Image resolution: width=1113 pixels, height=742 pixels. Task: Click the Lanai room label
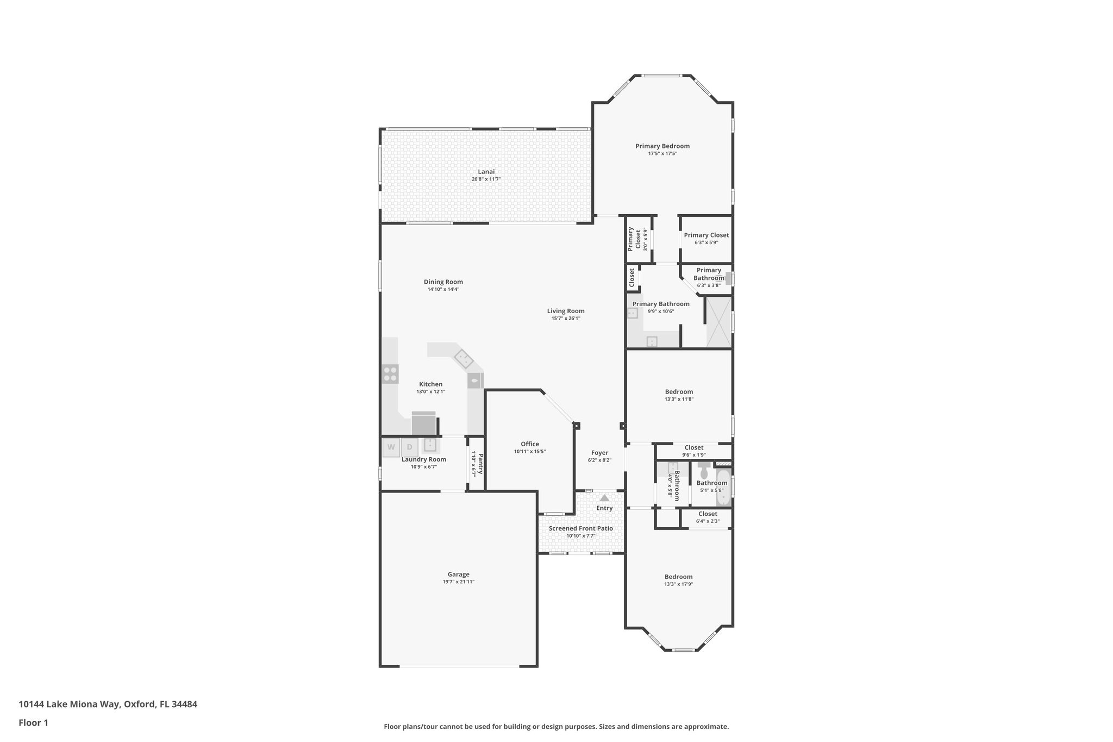click(486, 172)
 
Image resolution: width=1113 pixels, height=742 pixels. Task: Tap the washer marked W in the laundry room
click(391, 447)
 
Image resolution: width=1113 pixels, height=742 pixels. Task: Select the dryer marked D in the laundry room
click(410, 447)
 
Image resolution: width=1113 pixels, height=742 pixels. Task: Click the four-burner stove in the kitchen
click(390, 374)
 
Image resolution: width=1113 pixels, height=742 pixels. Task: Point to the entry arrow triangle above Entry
click(604, 497)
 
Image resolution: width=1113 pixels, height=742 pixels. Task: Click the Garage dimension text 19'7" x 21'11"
click(458, 582)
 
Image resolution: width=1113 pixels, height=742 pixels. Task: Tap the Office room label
click(530, 444)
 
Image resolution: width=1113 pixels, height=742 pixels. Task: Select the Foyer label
click(599, 453)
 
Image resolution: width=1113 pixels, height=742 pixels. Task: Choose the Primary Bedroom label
click(662, 146)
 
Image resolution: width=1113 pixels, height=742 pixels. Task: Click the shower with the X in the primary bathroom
click(718, 322)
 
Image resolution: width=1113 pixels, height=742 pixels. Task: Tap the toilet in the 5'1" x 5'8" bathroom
click(704, 470)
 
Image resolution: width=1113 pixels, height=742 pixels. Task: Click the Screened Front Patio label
click(580, 528)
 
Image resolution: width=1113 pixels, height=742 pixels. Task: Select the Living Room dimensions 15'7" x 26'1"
click(566, 319)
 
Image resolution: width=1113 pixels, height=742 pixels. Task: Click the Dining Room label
click(443, 282)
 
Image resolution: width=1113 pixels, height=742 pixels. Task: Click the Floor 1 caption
click(33, 722)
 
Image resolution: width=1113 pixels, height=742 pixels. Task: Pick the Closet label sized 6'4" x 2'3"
click(708, 514)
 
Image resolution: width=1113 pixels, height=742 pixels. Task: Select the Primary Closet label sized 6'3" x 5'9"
click(706, 235)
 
